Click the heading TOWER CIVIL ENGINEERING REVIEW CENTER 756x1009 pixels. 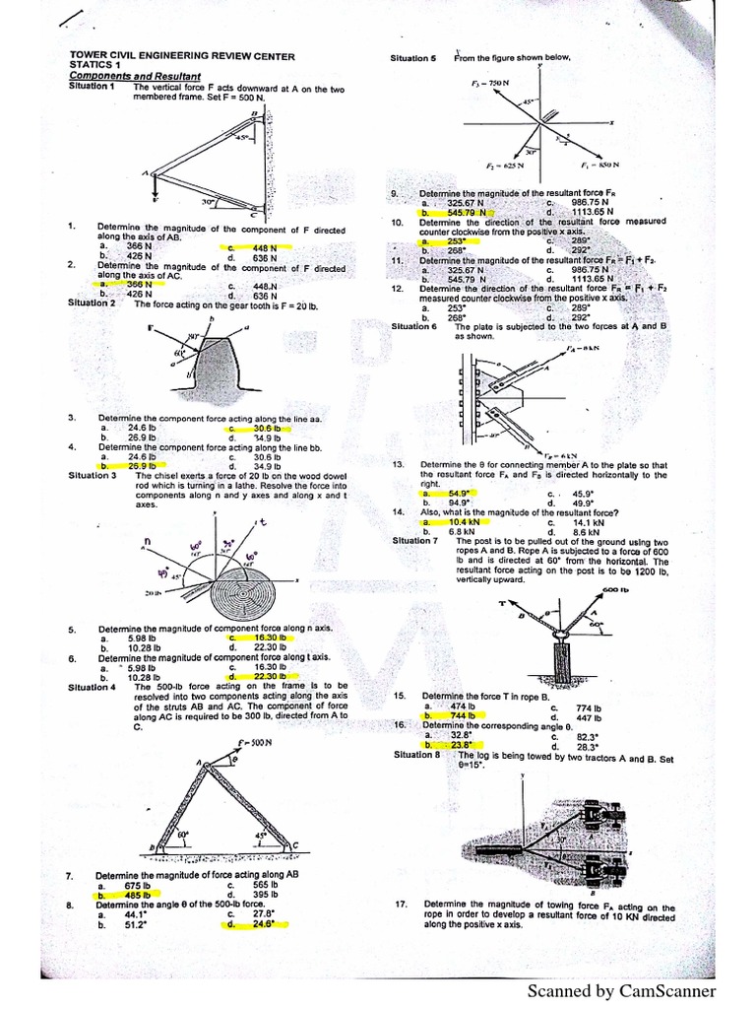181,57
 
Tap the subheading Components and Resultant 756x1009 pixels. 134,76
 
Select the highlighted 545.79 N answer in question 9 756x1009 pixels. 462,211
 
